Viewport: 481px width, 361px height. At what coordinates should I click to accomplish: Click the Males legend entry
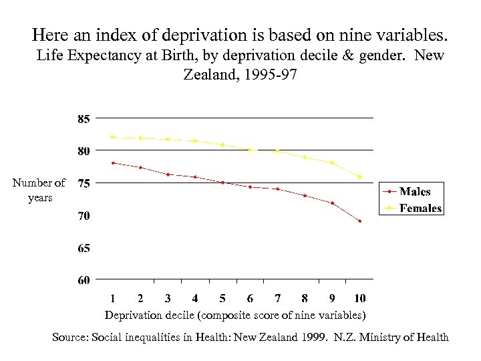point(414,192)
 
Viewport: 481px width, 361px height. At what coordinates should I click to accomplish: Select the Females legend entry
point(420,208)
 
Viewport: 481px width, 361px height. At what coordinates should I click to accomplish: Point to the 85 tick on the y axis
point(84,120)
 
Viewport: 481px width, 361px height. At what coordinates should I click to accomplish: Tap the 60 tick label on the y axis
point(84,280)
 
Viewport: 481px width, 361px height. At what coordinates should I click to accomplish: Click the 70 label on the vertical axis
point(84,216)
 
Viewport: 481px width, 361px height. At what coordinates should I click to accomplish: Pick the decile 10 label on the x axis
point(360,298)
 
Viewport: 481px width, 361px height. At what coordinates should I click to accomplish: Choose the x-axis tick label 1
point(113,298)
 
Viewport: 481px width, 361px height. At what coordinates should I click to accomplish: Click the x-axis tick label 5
point(222,298)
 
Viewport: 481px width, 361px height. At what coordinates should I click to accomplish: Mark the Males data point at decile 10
point(359,221)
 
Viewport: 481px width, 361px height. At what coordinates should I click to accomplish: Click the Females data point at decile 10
point(359,177)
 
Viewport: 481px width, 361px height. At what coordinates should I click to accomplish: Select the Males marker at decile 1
point(113,162)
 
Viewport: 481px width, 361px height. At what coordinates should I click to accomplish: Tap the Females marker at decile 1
point(113,137)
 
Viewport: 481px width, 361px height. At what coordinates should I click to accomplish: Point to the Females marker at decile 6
point(250,150)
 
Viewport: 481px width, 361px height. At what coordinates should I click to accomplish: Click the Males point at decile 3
point(168,174)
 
